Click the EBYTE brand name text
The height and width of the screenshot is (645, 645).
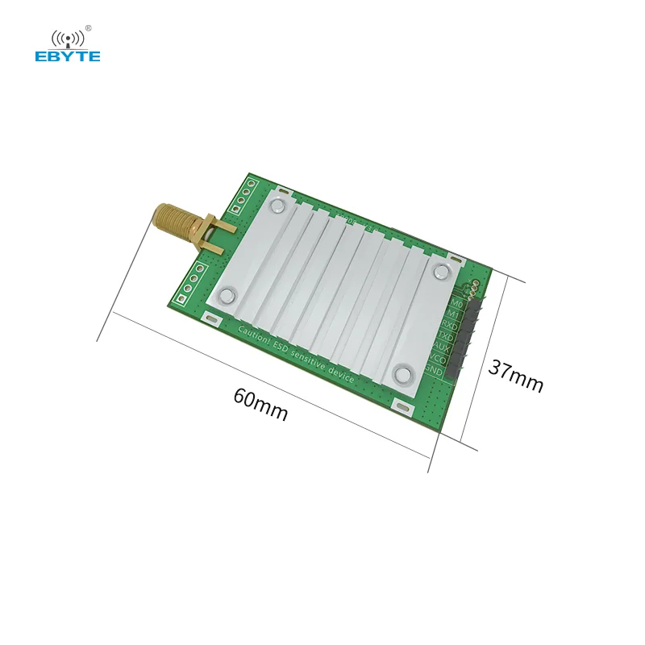tap(68, 56)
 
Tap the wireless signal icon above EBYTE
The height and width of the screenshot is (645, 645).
tap(68, 37)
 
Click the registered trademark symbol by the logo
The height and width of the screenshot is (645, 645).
tap(89, 29)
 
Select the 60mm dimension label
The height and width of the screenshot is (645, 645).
tap(260, 404)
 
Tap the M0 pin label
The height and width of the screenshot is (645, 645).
tap(456, 303)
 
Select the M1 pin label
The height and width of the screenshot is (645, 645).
tap(453, 314)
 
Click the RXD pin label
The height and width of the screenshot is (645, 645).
tap(448, 326)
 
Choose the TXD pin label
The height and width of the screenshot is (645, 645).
tap(445, 337)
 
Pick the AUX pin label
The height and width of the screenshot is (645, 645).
tap(442, 348)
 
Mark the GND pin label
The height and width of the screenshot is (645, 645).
tap(434, 371)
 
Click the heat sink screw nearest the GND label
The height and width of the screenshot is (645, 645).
tap(402, 372)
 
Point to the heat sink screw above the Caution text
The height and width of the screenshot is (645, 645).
tap(228, 295)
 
